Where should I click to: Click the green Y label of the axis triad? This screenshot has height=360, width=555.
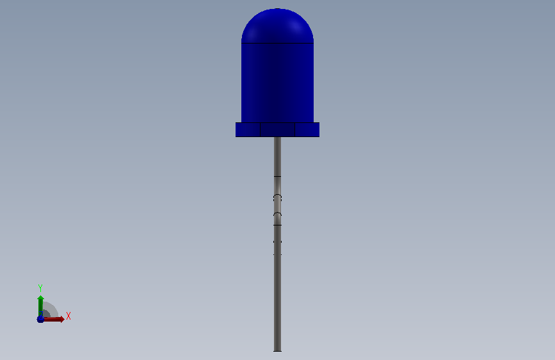tap(40, 288)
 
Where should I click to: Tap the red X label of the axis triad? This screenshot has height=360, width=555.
tap(68, 316)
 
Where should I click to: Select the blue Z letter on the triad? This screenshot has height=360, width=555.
tap(41, 315)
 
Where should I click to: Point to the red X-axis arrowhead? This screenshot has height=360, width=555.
tap(62, 319)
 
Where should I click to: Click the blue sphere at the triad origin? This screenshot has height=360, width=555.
tap(40, 319)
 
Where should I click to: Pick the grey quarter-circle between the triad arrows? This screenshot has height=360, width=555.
tap(49, 309)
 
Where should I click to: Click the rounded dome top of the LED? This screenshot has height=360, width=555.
tap(278, 26)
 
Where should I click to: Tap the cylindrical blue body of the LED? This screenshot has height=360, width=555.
tap(278, 83)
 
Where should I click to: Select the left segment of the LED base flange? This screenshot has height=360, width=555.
tap(248, 129)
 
